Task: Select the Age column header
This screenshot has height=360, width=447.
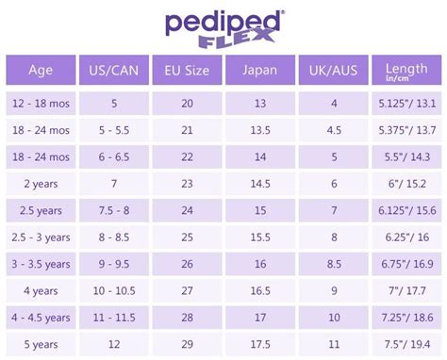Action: [x=40, y=70]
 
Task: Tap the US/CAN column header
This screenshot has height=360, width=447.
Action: [x=113, y=70]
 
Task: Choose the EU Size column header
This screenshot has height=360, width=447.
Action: [x=187, y=70]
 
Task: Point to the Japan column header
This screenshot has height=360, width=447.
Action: [x=260, y=70]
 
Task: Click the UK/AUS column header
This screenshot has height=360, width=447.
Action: [x=333, y=70]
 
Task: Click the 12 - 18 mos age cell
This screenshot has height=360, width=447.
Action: [x=40, y=103]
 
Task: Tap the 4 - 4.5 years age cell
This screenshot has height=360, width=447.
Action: [x=40, y=319]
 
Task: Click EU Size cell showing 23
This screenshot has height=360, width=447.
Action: [x=187, y=184]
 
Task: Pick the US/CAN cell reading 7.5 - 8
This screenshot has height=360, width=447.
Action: [x=113, y=211]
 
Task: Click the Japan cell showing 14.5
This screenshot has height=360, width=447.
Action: [x=260, y=184]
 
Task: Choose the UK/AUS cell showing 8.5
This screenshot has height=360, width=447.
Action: [x=333, y=265]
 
